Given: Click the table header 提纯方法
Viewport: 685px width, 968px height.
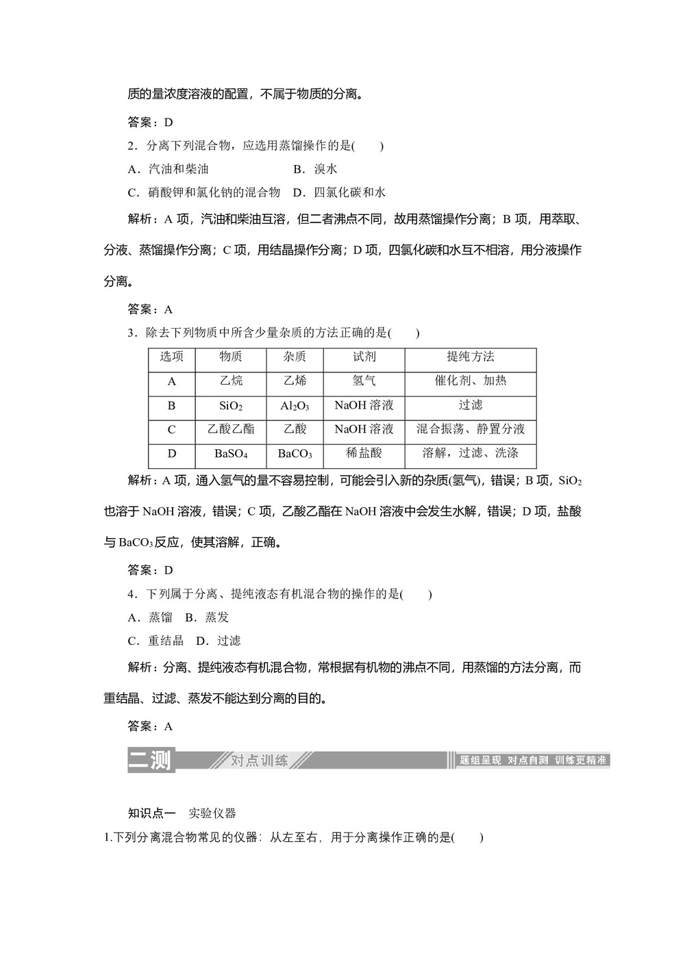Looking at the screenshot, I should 470,357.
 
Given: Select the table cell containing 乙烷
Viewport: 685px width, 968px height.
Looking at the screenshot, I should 231,381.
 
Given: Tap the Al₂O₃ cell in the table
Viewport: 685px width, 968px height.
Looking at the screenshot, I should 295,405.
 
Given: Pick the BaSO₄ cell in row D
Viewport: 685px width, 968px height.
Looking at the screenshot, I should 231,453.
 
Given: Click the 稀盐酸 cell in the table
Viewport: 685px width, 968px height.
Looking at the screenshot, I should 364,453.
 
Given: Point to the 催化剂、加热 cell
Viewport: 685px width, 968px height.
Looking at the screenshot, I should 470,381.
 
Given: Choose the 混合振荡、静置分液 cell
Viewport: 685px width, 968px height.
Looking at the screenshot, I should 470,429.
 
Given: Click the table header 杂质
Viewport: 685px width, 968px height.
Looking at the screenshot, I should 295,357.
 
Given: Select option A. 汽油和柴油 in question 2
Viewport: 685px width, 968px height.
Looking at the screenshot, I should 169,169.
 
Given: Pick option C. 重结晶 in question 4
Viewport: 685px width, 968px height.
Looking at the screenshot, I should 156,641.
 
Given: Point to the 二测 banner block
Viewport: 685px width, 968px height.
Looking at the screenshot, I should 151,760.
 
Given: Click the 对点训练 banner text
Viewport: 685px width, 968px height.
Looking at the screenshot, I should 259,761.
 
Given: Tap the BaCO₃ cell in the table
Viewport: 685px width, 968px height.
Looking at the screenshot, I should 295,453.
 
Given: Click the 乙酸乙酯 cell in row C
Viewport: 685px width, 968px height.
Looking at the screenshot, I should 231,429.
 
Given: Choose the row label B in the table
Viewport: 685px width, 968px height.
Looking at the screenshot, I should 171,405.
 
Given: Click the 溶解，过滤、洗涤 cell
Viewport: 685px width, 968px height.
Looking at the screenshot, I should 470,453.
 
